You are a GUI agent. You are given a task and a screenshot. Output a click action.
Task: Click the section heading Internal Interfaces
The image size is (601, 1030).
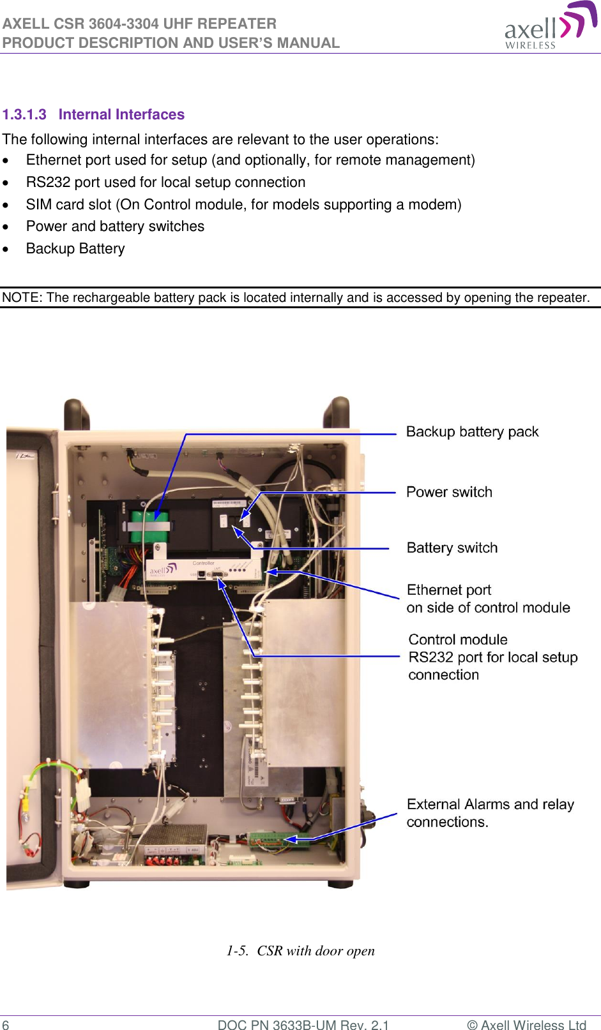(x=121, y=115)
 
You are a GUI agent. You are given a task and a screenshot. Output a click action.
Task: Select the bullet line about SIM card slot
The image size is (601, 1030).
(x=243, y=205)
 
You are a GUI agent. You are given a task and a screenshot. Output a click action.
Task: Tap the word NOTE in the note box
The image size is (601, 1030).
(x=20, y=298)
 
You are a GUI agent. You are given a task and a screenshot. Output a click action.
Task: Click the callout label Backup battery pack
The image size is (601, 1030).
(x=472, y=432)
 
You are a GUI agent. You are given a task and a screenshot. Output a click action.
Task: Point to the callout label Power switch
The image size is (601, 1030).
(x=449, y=492)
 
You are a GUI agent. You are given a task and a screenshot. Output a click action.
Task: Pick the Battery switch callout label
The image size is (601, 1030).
(x=452, y=548)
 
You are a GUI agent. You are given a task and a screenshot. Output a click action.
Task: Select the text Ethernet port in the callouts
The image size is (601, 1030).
(x=448, y=590)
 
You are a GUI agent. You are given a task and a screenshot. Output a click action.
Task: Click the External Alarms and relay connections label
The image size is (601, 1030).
(x=490, y=813)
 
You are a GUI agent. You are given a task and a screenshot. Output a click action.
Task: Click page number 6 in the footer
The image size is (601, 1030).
(x=6, y=1025)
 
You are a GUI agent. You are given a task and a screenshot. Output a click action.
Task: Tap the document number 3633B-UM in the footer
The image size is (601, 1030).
(x=304, y=1025)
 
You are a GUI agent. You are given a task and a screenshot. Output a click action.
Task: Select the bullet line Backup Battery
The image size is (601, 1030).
(x=75, y=249)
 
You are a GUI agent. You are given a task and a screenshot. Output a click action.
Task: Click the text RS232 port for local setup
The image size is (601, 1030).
(x=492, y=657)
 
